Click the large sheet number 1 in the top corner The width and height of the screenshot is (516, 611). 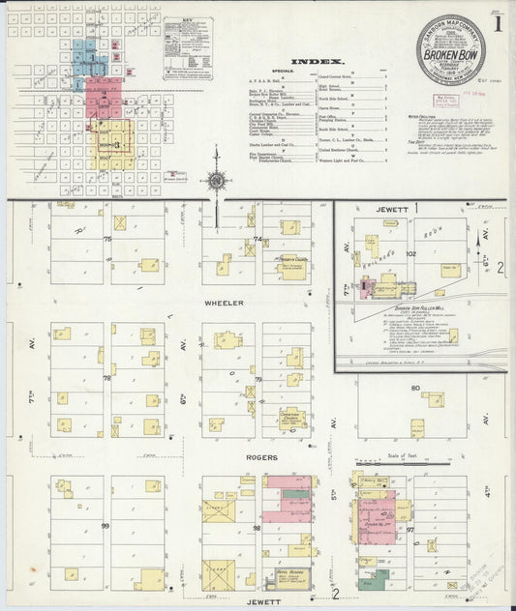(496, 24)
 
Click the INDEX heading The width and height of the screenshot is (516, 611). (318, 59)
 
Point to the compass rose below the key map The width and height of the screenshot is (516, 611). (217, 181)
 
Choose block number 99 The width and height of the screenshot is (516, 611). (105, 526)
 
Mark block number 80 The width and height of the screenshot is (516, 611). (415, 389)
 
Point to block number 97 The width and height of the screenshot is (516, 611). (411, 531)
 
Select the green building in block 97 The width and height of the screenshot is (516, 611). (368, 583)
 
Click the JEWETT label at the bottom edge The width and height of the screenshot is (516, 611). (268, 600)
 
